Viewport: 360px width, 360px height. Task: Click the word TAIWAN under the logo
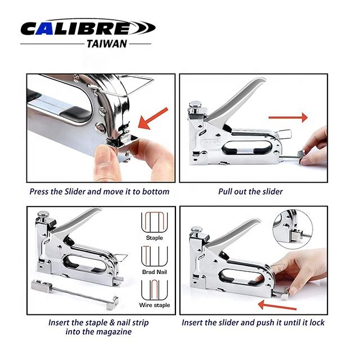coord(107,44)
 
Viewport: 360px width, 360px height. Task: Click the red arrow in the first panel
coord(153,118)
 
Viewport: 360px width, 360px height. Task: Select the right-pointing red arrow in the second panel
coord(288,118)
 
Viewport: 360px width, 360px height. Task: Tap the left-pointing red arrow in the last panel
coord(277,305)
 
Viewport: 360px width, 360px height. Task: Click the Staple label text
coord(154,237)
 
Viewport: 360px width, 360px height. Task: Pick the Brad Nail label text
coord(154,272)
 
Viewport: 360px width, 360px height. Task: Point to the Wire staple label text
coord(155,305)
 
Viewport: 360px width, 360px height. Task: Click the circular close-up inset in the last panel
coord(292,229)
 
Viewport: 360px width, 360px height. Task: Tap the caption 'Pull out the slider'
coord(250,191)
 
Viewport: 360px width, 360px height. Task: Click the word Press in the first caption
coord(39,191)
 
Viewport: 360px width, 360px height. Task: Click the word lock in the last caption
coord(317,322)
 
